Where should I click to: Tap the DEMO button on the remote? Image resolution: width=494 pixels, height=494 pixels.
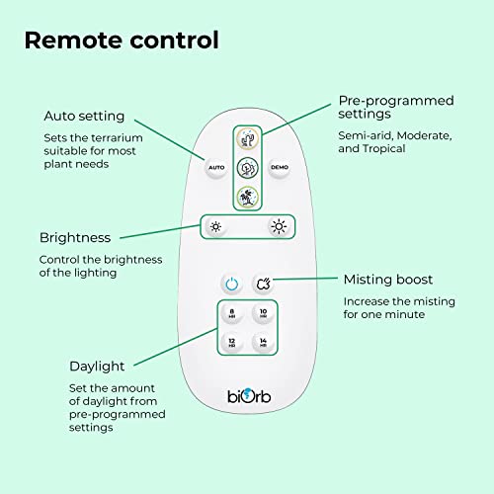click(280, 168)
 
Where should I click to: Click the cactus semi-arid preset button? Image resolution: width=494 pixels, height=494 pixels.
click(248, 139)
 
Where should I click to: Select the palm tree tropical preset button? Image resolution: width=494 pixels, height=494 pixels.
click(248, 197)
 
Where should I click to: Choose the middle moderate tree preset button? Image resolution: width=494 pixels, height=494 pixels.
click(248, 168)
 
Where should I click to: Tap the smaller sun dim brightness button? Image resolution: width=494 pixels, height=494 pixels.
click(215, 227)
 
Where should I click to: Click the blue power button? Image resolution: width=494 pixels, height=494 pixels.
click(232, 284)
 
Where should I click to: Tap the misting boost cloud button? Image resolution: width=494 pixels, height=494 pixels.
click(264, 284)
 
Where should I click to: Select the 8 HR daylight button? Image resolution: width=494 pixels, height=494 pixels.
click(232, 313)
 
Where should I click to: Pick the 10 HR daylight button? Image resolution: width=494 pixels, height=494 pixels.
click(263, 313)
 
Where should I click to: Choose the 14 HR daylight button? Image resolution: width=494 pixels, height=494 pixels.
click(263, 342)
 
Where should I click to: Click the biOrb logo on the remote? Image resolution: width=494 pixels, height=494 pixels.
click(249, 396)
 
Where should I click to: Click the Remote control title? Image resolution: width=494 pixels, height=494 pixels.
click(122, 41)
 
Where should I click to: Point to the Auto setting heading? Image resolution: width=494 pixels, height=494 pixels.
click(84, 116)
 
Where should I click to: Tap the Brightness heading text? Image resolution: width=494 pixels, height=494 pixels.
click(75, 238)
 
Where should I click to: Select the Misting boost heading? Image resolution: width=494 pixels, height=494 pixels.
click(388, 280)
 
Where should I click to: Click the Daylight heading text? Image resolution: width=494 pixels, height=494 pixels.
click(97, 367)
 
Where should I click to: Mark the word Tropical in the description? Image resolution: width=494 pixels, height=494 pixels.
click(383, 148)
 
